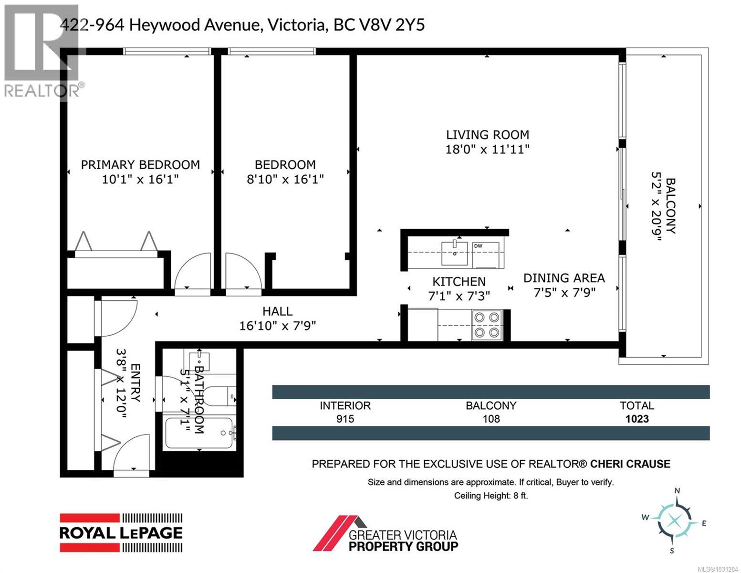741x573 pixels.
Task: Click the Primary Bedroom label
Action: click(140, 165)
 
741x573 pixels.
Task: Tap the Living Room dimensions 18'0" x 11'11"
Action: click(487, 149)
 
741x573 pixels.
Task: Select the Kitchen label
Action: click(459, 282)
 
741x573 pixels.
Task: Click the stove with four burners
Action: click(487, 325)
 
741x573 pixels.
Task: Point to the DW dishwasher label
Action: click(478, 246)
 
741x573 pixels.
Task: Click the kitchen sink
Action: click(455, 253)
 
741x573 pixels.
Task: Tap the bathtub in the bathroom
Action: click(198, 433)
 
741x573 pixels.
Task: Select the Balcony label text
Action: click(670, 206)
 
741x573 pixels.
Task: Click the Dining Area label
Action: click(564, 278)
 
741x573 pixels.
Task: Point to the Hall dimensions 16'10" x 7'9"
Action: click(277, 326)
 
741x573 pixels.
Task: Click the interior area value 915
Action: click(344, 419)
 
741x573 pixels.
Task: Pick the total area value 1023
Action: click(637, 419)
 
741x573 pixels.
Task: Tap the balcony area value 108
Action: click(491, 419)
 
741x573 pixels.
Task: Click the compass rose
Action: click(674, 521)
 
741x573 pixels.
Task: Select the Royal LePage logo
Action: click(121, 532)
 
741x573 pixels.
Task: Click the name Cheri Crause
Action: click(630, 464)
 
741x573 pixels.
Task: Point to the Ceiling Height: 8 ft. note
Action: click(491, 496)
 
